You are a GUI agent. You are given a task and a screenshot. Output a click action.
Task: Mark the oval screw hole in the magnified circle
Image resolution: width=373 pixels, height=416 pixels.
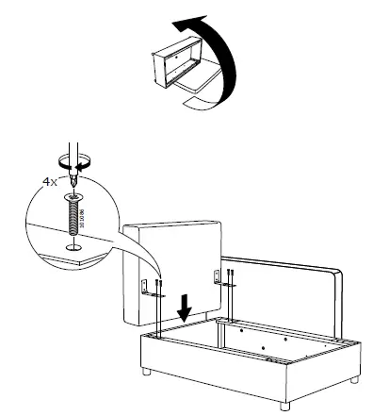click(70, 248)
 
